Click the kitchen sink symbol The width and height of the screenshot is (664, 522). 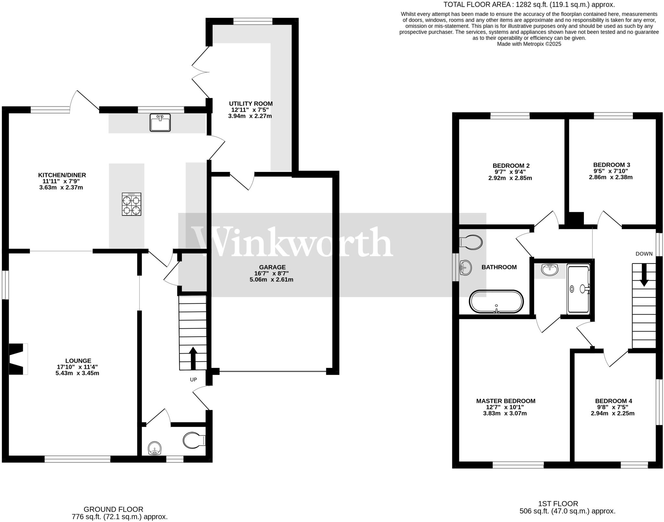coord(160,122)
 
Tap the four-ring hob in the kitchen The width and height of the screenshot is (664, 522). coord(131,204)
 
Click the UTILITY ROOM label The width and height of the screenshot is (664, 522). coord(251,104)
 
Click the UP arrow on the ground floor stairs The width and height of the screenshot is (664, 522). coord(193,357)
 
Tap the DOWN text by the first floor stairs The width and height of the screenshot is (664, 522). coord(644,254)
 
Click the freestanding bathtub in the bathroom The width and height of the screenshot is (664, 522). coord(496,302)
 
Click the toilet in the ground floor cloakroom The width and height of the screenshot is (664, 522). coord(194,440)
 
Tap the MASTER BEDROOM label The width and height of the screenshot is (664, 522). coord(505,401)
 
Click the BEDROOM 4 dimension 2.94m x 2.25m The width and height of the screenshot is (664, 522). coord(612,413)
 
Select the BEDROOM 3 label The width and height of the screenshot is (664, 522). coord(611,165)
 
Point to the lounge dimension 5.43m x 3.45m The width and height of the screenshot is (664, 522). coord(77,373)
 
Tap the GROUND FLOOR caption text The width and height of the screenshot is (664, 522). coord(113,509)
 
